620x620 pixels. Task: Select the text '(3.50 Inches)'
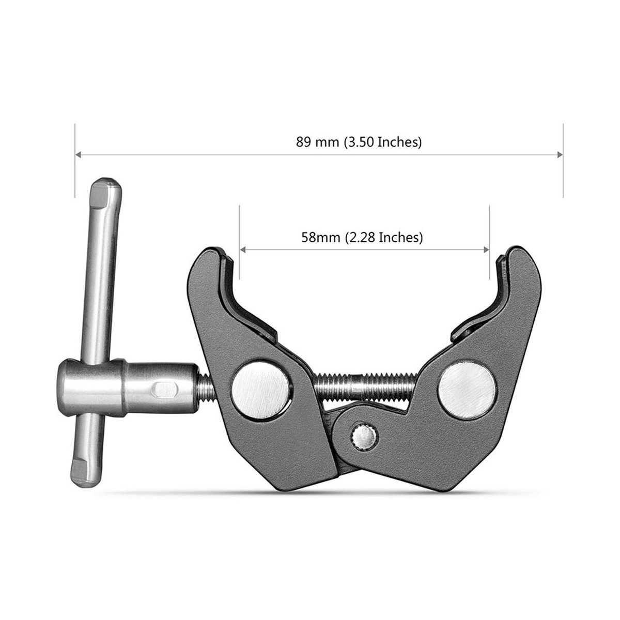pyautogui.click(x=383, y=142)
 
